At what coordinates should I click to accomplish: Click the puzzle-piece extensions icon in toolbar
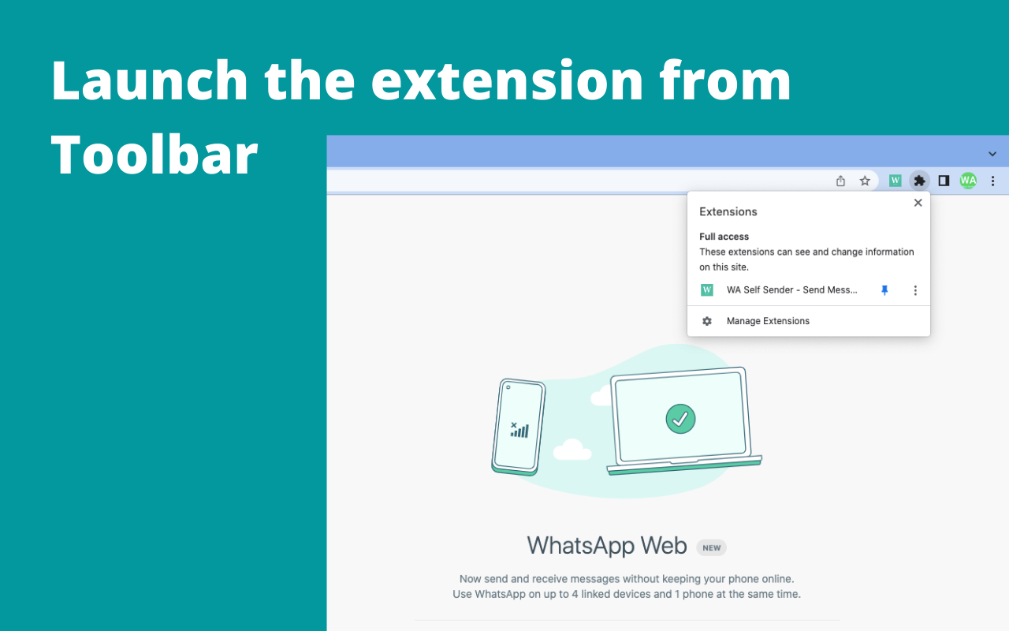click(x=919, y=181)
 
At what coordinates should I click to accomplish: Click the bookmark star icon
click(x=865, y=181)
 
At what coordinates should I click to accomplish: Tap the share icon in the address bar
click(x=840, y=181)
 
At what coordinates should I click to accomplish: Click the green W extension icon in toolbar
click(x=895, y=181)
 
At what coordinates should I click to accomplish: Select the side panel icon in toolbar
click(x=944, y=181)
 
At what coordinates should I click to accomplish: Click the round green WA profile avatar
click(x=968, y=181)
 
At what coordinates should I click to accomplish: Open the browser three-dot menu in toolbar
click(x=992, y=181)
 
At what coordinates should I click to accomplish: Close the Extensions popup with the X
click(x=918, y=203)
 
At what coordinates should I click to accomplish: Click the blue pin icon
click(x=884, y=290)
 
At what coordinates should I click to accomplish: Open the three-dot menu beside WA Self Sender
click(x=915, y=290)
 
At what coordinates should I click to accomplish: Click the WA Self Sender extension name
click(x=791, y=290)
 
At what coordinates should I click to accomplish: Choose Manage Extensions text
click(x=768, y=321)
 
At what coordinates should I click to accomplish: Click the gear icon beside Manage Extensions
click(x=707, y=321)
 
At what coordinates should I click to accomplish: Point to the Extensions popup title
click(x=728, y=211)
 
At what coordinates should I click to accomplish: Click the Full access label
click(x=724, y=237)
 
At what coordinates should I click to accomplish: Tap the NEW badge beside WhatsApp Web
click(x=711, y=547)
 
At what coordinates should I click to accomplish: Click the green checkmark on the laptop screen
click(x=680, y=418)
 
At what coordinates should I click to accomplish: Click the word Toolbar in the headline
click(x=155, y=154)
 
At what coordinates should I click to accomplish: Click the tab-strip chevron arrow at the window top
click(x=992, y=154)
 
